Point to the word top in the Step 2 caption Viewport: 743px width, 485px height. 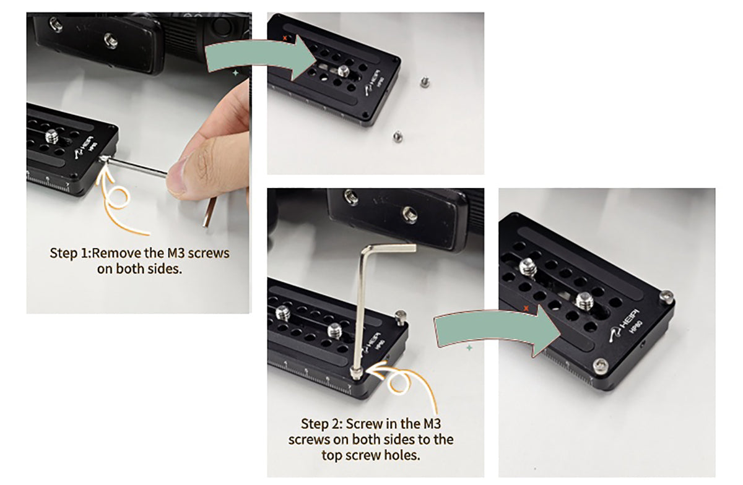pos(332,456)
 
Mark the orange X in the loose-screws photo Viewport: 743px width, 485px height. pos(285,38)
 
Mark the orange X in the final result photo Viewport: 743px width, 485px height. pos(526,309)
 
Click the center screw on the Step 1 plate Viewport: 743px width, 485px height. pos(51,136)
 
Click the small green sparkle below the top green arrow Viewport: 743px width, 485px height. pos(235,72)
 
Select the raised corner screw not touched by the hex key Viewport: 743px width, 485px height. pos(401,316)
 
